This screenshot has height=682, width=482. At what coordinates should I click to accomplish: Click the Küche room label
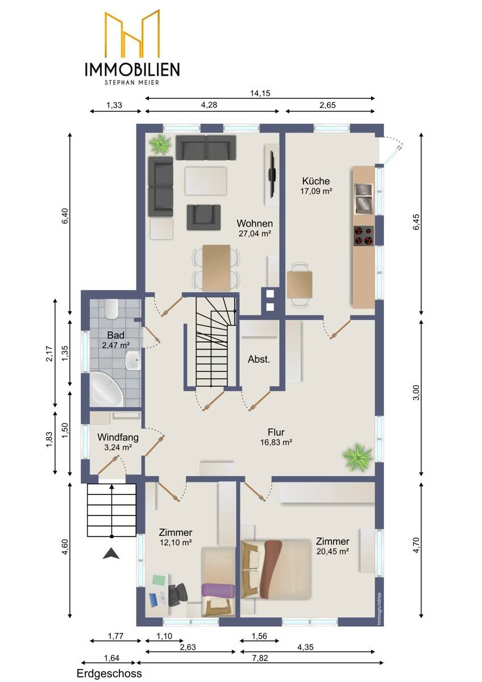click(316, 181)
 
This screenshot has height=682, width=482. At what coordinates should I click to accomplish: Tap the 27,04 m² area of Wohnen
click(255, 234)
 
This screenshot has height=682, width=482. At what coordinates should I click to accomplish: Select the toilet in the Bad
click(111, 309)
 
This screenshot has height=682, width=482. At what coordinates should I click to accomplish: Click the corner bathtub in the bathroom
click(106, 390)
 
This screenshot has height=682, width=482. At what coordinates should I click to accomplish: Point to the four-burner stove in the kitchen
click(364, 236)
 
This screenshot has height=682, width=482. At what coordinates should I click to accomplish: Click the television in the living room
click(272, 175)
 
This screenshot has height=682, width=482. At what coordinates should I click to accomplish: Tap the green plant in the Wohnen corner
click(160, 144)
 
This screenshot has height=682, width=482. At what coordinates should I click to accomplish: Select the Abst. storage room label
click(259, 359)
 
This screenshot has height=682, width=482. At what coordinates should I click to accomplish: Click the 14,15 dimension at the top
click(260, 93)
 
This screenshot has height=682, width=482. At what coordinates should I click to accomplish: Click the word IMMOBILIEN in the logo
click(132, 69)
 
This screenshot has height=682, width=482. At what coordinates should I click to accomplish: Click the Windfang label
click(118, 437)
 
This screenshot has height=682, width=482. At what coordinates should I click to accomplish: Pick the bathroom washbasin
click(133, 360)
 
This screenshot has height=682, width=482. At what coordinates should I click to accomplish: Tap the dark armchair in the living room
click(203, 217)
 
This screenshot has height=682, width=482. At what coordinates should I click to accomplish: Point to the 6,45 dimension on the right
click(416, 222)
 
